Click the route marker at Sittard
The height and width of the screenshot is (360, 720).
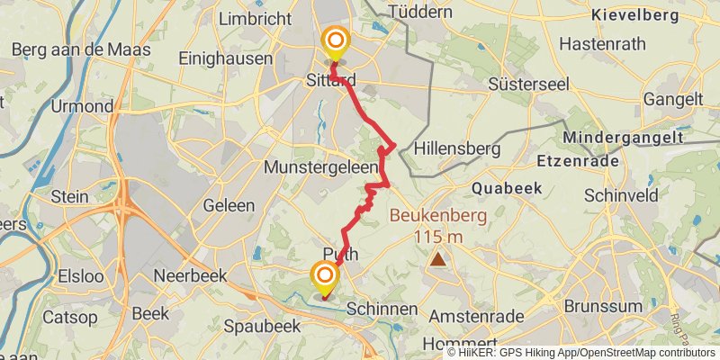coord(336,41)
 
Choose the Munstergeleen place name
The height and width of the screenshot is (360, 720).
coord(320,167)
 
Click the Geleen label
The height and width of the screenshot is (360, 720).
coord(229,205)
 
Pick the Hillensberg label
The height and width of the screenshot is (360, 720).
coord(456,148)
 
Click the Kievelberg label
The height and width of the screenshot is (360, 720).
coord(634,15)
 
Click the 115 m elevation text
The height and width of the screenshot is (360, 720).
coord(438,236)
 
